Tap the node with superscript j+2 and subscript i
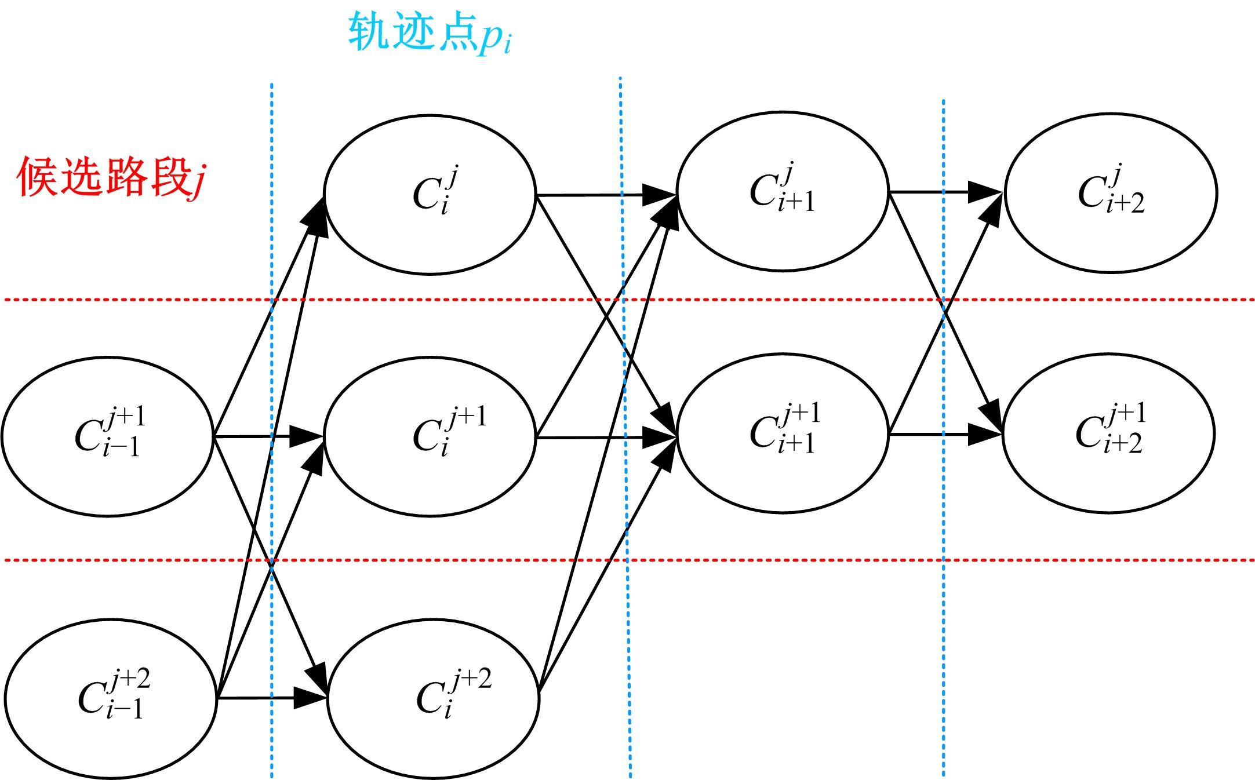tap(433, 698)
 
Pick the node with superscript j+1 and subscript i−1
tap(108, 435)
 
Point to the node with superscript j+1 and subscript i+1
tap(782, 433)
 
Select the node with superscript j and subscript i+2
tap(1111, 192)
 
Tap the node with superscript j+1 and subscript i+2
tap(1108, 433)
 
